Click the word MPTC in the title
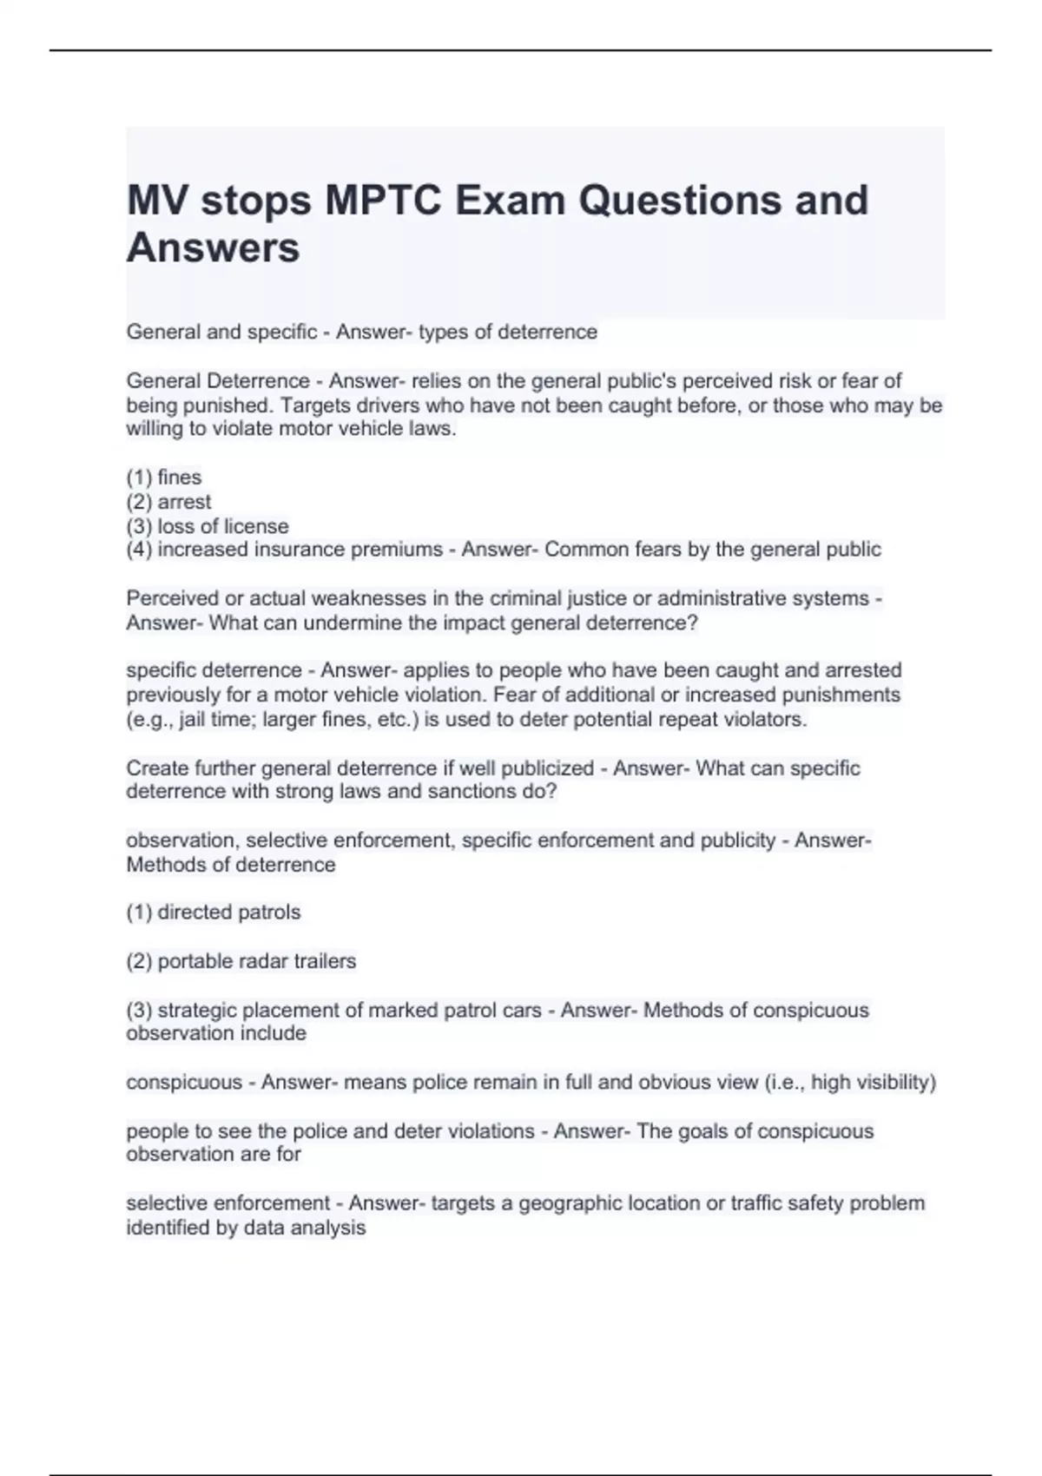click(x=383, y=201)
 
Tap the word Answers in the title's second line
click(x=214, y=247)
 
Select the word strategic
click(x=195, y=1010)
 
